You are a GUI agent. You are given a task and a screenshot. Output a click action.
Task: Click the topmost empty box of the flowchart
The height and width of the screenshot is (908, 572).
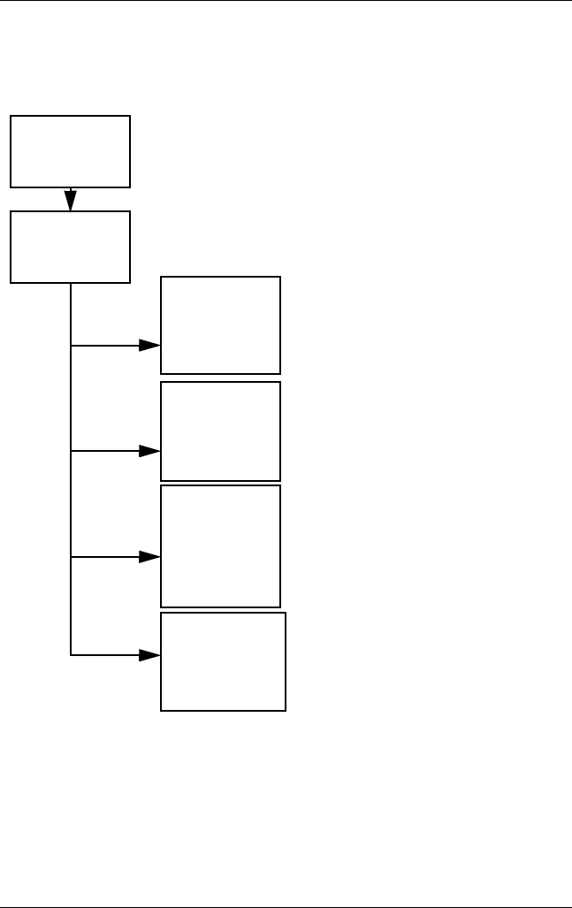click(x=70, y=151)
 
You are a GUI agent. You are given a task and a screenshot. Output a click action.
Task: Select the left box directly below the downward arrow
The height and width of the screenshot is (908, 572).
click(x=70, y=247)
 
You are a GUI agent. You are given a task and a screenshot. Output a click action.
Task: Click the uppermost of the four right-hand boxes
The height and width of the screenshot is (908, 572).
click(x=220, y=324)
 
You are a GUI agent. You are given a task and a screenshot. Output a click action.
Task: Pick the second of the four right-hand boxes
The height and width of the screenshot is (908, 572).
click(x=220, y=431)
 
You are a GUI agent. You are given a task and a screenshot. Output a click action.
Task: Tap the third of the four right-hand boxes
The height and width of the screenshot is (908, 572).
click(x=220, y=546)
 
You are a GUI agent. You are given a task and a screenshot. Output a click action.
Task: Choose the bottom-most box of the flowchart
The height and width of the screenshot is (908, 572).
click(x=223, y=661)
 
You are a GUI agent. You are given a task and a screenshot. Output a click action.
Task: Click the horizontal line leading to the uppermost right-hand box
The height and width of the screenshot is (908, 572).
click(x=104, y=345)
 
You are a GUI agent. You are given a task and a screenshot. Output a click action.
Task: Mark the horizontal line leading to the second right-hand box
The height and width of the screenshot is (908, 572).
click(x=104, y=451)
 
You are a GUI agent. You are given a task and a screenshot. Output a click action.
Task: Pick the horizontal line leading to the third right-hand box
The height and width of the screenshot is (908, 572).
click(x=104, y=557)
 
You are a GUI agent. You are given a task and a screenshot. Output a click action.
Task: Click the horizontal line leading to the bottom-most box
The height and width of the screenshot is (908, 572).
click(x=104, y=655)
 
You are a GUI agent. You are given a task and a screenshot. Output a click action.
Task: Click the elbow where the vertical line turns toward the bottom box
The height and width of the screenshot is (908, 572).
click(x=70, y=655)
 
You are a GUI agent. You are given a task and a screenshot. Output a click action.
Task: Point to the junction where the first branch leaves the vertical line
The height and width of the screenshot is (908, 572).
click(x=70, y=345)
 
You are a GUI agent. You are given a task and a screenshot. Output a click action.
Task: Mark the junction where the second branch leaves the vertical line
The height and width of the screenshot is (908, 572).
click(x=70, y=451)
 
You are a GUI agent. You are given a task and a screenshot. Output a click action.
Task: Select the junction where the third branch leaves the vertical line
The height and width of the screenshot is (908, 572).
click(x=70, y=557)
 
